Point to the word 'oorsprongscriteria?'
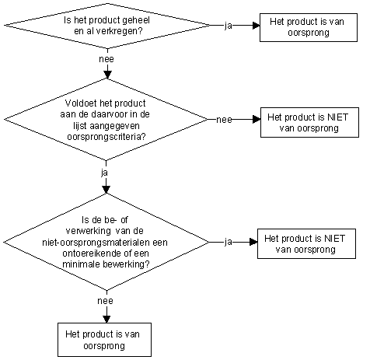(x=106, y=136)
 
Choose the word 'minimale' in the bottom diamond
(x=82, y=264)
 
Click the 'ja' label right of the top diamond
(x=229, y=26)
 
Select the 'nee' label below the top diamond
(x=106, y=59)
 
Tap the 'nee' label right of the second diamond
(x=224, y=120)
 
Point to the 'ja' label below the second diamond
(x=104, y=173)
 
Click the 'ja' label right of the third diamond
(x=229, y=242)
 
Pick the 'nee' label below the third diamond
(x=105, y=301)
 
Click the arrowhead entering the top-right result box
(x=257, y=26)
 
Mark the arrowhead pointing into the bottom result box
(x=106, y=320)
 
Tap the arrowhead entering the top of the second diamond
(x=107, y=75)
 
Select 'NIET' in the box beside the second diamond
(x=338, y=117)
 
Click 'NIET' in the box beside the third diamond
(x=334, y=239)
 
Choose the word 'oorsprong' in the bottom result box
(x=104, y=346)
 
